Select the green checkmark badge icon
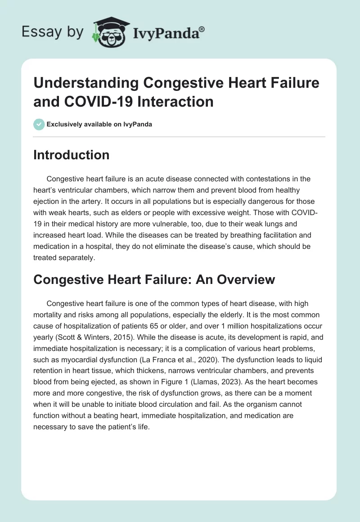tap(39, 124)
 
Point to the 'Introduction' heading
tap(71, 155)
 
